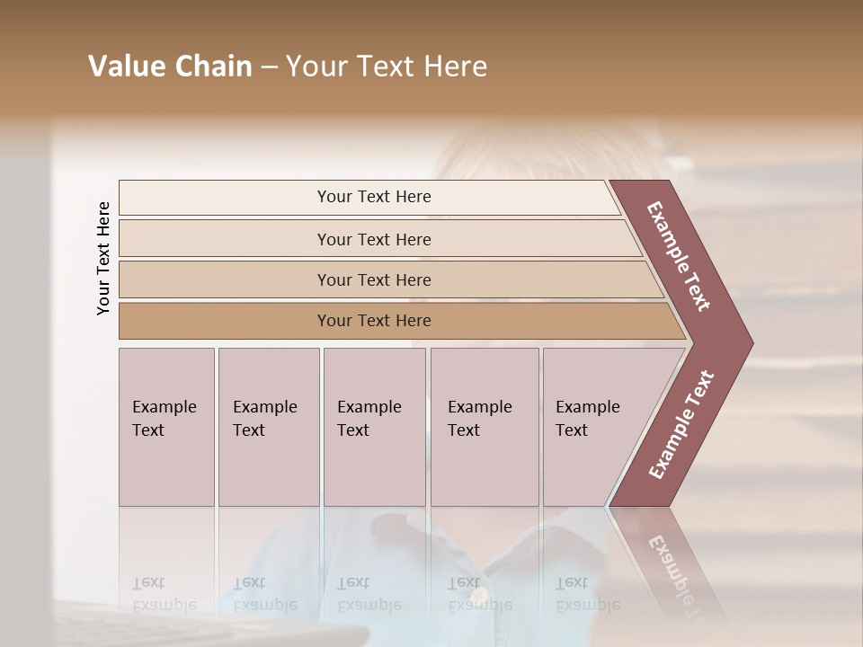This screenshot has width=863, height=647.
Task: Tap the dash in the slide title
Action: (x=269, y=67)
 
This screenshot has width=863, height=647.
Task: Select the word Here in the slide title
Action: (x=454, y=66)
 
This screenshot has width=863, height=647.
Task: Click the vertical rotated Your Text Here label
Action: (x=103, y=258)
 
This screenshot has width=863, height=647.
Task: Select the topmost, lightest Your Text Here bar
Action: (x=373, y=197)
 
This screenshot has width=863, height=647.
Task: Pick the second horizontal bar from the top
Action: (x=373, y=239)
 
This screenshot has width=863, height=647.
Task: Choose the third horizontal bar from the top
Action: (x=373, y=279)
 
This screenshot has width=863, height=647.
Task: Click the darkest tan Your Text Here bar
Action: (x=373, y=321)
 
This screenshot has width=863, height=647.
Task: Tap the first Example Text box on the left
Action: (x=166, y=427)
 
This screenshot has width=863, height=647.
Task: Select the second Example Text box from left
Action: (x=268, y=427)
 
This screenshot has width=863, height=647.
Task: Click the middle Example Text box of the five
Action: (x=374, y=427)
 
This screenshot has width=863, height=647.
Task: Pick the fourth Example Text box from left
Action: (x=484, y=427)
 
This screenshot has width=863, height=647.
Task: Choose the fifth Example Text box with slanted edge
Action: (x=593, y=427)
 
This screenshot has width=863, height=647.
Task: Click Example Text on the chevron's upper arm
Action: (x=679, y=256)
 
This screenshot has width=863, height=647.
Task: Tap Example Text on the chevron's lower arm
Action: (x=681, y=425)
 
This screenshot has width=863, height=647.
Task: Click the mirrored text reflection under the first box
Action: (x=164, y=593)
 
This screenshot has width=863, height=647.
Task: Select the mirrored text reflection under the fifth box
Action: (x=587, y=593)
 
